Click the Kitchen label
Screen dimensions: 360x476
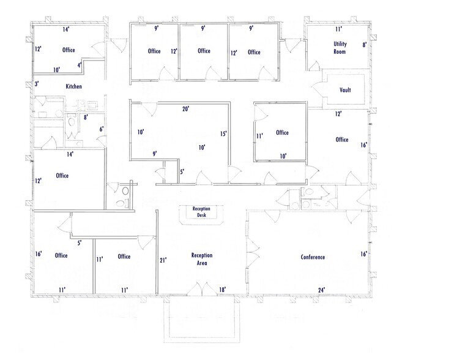click(73, 87)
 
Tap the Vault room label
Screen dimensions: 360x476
click(345, 91)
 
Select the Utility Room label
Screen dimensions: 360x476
click(340, 48)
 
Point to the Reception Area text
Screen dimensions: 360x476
click(201, 259)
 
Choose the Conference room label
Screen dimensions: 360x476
click(313, 257)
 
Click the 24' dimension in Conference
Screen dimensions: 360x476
click(321, 290)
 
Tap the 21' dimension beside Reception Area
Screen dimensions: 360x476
click(163, 260)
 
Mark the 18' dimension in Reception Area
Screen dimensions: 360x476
click(223, 290)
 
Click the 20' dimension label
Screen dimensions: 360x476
click(185, 110)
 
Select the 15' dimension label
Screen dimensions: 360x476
click(224, 133)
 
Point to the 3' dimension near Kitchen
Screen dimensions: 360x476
click(37, 84)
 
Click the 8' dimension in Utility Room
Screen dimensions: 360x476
click(364, 45)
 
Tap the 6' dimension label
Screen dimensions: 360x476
click(102, 129)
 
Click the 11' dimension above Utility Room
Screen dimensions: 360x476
click(338, 29)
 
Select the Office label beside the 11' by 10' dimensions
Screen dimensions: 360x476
click(282, 133)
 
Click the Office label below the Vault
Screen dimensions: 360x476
click(341, 140)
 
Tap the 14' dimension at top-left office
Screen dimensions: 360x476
click(65, 29)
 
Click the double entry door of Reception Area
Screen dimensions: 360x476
click(198, 288)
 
